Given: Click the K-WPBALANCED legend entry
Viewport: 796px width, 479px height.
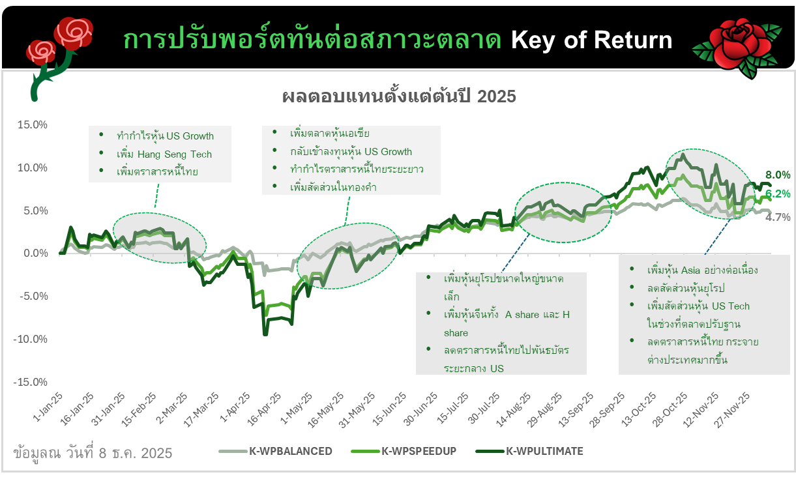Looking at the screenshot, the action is (x=275, y=451).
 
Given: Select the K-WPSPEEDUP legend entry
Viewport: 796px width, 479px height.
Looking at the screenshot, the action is (x=404, y=451).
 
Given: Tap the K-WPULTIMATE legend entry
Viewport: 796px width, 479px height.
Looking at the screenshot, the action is (x=529, y=451).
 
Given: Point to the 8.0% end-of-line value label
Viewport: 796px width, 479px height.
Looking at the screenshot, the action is (x=778, y=175).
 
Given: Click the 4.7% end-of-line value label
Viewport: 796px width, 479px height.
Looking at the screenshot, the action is (x=778, y=217).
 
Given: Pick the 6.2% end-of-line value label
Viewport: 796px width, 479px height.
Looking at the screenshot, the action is (x=778, y=194).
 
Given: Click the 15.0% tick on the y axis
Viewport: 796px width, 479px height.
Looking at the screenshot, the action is (x=33, y=124).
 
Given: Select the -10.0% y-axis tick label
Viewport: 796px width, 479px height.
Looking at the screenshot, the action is (x=30, y=340).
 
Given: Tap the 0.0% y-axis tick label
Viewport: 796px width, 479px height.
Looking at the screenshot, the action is (x=36, y=254).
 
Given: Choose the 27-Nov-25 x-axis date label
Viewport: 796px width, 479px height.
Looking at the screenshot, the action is (x=732, y=410).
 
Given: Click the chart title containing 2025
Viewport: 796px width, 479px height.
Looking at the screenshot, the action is (x=399, y=96).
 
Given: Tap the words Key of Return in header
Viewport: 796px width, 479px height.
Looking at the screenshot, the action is (x=592, y=40).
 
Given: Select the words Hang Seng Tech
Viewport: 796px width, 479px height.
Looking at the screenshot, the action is (x=175, y=154).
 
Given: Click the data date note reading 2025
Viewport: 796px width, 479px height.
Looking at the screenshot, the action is (x=93, y=453).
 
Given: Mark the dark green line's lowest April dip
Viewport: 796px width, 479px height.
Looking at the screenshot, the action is (x=265, y=334).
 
